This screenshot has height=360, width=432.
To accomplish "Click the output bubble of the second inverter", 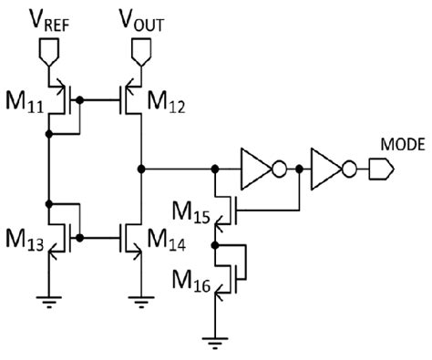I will (348, 169).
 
